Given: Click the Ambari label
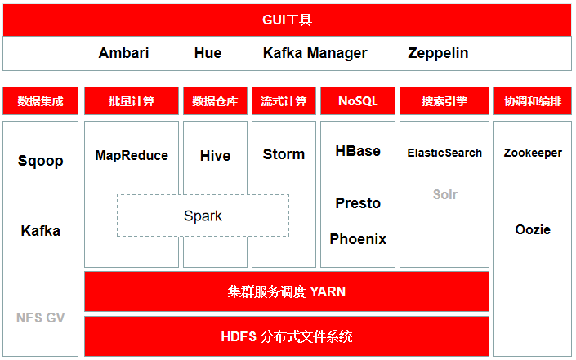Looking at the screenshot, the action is pyautogui.click(x=124, y=53).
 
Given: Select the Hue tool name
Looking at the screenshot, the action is pyautogui.click(x=208, y=53).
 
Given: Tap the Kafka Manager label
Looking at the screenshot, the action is pyautogui.click(x=315, y=54).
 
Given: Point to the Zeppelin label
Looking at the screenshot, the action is pyautogui.click(x=438, y=54).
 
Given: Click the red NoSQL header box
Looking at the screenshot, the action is pyautogui.click(x=358, y=101).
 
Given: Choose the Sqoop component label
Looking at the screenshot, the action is pyautogui.click(x=40, y=161).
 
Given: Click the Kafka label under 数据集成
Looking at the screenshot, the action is pyautogui.click(x=40, y=231).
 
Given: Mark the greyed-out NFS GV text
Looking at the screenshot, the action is pyautogui.click(x=40, y=318).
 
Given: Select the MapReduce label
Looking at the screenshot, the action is pyautogui.click(x=132, y=156).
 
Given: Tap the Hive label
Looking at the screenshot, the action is pyautogui.click(x=215, y=156).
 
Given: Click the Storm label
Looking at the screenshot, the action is pyautogui.click(x=284, y=154).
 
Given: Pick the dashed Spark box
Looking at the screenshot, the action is pyautogui.click(x=203, y=195).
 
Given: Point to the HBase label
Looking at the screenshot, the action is pyautogui.click(x=358, y=151).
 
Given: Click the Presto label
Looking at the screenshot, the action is pyautogui.click(x=358, y=203).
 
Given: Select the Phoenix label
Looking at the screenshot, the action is pyautogui.click(x=358, y=239).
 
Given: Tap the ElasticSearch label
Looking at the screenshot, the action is pyautogui.click(x=444, y=153).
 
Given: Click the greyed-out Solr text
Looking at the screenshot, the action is pyautogui.click(x=445, y=194).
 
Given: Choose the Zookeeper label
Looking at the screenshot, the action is pyautogui.click(x=533, y=153).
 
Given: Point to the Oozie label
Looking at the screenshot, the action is pyautogui.click(x=533, y=229).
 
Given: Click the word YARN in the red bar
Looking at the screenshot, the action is pyautogui.click(x=328, y=291).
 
